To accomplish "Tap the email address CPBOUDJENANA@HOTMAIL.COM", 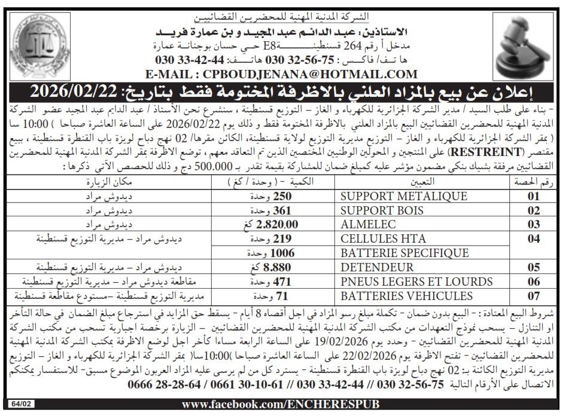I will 281,74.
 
